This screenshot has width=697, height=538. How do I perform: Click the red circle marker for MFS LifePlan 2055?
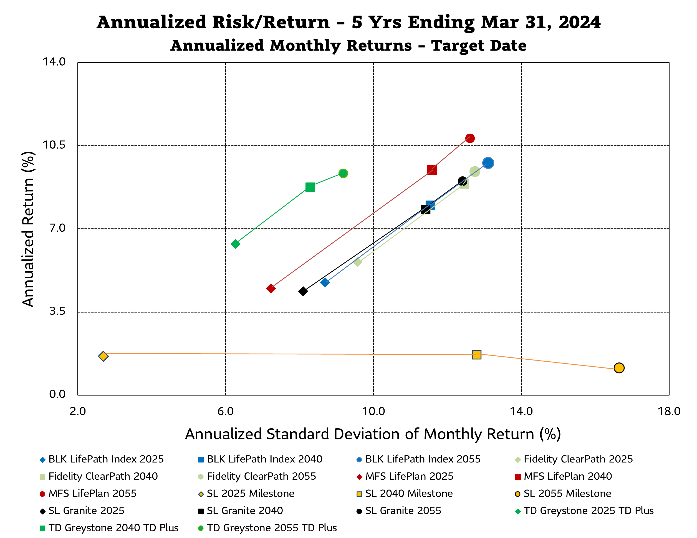click(x=469, y=138)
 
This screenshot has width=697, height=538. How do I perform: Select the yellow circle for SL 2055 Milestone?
click(x=619, y=368)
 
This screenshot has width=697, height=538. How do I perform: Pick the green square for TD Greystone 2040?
click(x=310, y=187)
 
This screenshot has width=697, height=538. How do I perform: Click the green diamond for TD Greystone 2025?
click(x=235, y=244)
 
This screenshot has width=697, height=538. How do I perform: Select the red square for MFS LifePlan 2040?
click(x=432, y=170)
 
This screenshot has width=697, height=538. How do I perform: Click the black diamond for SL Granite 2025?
click(x=303, y=291)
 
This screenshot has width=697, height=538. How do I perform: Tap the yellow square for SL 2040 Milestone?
click(x=476, y=355)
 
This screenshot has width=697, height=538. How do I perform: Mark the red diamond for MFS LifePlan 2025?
click(x=271, y=289)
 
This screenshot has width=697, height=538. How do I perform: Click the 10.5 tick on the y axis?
click(x=54, y=145)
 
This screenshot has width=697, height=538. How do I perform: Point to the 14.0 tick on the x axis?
click(x=521, y=411)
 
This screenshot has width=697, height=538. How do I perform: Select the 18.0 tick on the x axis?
click(x=669, y=411)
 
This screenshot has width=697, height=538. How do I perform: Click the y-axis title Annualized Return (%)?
click(x=28, y=229)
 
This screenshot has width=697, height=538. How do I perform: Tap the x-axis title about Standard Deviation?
click(x=373, y=434)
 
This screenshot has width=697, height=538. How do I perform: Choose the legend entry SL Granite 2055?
click(x=403, y=511)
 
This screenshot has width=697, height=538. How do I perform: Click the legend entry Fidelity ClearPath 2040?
click(x=103, y=476)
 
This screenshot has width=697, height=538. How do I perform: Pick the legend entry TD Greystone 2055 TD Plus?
click(x=272, y=528)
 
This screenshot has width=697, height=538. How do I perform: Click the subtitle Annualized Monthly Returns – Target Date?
click(x=348, y=46)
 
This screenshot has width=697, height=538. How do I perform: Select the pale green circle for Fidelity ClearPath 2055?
click(x=474, y=172)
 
